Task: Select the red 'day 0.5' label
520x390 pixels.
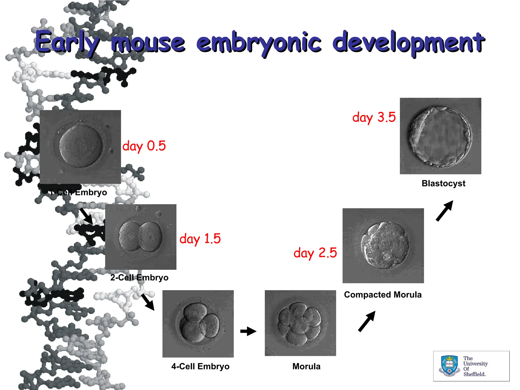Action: (144, 146)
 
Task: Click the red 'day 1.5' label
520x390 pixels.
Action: (200, 239)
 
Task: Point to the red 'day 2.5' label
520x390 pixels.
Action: (315, 253)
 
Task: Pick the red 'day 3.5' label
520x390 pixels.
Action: (374, 118)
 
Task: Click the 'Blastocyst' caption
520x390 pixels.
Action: (443, 183)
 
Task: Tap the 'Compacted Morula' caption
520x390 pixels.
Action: (383, 295)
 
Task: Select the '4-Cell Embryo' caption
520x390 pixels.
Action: (200, 366)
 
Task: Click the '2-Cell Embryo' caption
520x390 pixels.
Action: (139, 278)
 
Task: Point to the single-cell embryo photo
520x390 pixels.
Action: (81, 147)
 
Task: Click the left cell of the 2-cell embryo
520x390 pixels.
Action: (129, 236)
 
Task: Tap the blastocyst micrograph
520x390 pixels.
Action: (440, 136)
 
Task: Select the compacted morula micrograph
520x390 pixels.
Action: (383, 246)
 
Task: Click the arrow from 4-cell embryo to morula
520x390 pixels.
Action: (248, 331)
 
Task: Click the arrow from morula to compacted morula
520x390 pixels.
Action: (367, 321)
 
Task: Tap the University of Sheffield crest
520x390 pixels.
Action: (449, 366)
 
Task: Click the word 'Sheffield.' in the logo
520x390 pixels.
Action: (474, 374)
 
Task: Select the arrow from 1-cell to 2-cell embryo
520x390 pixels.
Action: (86, 216)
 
